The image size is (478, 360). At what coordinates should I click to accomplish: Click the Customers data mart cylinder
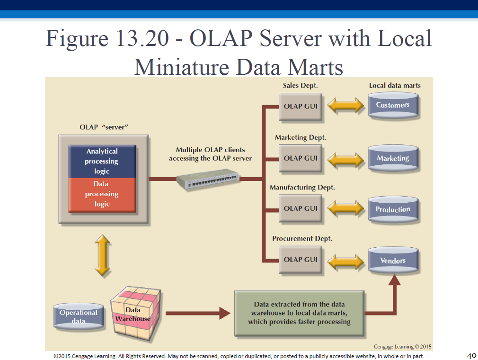tap(393, 105)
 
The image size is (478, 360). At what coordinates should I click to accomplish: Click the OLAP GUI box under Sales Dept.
tap(300, 107)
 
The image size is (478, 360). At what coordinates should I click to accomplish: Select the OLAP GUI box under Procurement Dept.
tap(300, 260)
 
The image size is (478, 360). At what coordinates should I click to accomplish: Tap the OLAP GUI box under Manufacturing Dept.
tap(300, 208)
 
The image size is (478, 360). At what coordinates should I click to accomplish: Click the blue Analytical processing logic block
tap(102, 162)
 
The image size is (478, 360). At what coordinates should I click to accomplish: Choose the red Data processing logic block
tap(102, 195)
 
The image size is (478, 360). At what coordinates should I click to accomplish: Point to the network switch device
tap(208, 179)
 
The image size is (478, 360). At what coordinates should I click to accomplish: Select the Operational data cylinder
tap(79, 316)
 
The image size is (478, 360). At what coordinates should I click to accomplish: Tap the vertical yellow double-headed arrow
tap(102, 255)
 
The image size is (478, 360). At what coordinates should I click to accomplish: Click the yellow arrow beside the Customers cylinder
tap(345, 106)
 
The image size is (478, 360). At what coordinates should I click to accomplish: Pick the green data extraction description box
tap(300, 313)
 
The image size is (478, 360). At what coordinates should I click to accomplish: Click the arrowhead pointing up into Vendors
tap(395, 280)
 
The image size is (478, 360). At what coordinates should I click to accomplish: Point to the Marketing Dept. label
tap(300, 137)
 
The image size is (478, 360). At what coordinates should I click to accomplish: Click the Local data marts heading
tap(395, 85)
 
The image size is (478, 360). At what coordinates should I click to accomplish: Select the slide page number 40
tap(471, 355)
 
